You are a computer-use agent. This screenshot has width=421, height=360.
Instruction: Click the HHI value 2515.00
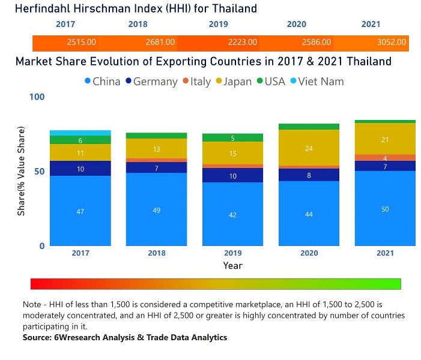(81, 43)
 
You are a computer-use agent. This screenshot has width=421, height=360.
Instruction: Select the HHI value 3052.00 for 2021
(392, 43)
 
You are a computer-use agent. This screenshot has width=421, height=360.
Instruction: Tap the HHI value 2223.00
(243, 43)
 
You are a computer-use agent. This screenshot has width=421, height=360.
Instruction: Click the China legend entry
(103, 81)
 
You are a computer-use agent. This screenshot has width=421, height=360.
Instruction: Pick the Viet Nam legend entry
(317, 81)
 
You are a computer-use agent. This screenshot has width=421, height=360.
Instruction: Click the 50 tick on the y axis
(39, 172)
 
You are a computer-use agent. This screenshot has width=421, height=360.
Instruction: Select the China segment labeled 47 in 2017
(80, 211)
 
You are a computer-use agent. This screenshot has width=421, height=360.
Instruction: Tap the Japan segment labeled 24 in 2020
(309, 148)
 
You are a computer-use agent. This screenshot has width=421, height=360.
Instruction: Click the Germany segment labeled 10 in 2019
(232, 176)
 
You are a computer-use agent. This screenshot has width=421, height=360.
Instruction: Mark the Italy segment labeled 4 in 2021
(385, 158)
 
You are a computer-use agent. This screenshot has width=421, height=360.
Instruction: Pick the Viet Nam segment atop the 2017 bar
(80, 133)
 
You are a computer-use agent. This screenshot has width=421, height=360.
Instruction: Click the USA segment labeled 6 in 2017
(80, 140)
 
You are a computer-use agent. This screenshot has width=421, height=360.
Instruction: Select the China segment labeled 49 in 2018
(156, 209)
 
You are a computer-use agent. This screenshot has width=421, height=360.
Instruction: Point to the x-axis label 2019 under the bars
(232, 253)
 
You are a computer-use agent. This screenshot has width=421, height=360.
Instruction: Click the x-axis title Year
(232, 265)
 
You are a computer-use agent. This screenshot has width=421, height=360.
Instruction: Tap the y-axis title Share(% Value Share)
(22, 172)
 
